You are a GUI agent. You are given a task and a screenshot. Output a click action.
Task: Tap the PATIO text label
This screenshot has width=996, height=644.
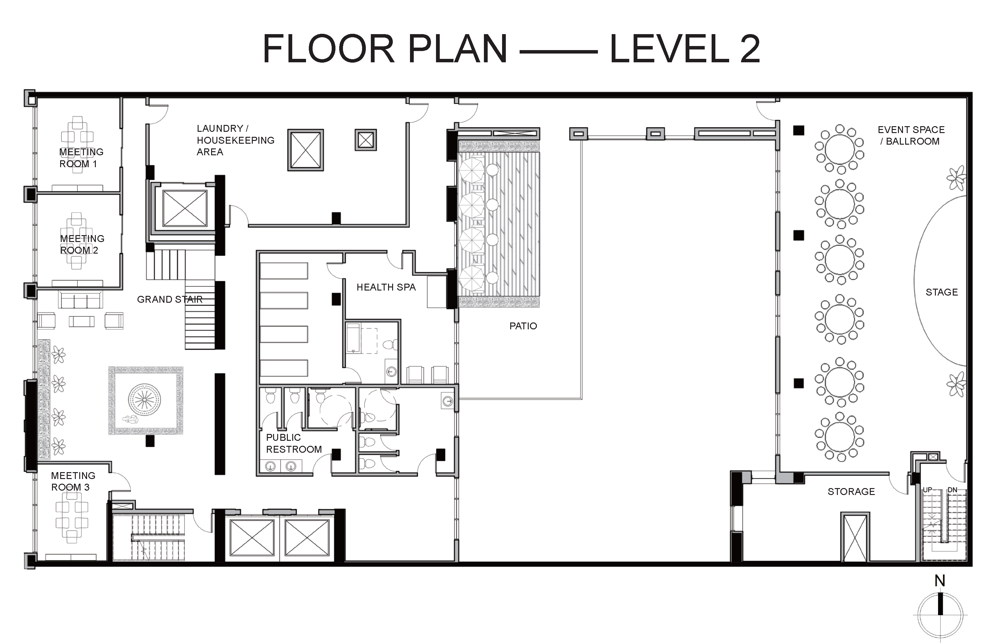point(523,326)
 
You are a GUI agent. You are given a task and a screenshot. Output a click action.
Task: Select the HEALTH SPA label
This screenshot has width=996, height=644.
point(386,287)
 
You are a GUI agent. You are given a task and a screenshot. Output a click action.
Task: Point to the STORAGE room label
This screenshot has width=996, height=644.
point(851,491)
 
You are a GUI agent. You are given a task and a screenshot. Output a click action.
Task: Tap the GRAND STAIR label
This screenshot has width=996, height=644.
point(170,299)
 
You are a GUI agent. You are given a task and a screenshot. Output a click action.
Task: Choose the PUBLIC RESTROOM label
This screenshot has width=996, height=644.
point(294,443)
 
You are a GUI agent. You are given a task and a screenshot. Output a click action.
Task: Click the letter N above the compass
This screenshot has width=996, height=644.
point(940,581)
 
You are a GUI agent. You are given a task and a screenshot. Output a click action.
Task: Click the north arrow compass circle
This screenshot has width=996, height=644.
point(940,615)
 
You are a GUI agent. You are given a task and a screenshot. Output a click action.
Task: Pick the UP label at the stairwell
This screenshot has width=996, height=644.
point(927,490)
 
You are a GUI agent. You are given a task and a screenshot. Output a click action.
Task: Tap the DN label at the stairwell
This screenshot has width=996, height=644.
point(952,490)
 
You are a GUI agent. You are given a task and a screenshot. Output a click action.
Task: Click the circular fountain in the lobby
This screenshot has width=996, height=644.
point(144,400)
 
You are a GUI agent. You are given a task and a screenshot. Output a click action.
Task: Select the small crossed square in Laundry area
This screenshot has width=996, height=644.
point(366,140)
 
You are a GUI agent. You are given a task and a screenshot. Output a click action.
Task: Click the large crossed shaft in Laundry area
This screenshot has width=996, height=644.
point(305,150)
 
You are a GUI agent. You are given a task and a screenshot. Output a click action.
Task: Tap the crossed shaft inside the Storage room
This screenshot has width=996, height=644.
point(855,537)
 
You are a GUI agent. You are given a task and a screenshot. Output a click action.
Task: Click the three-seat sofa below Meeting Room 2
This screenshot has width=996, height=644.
point(80,300)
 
